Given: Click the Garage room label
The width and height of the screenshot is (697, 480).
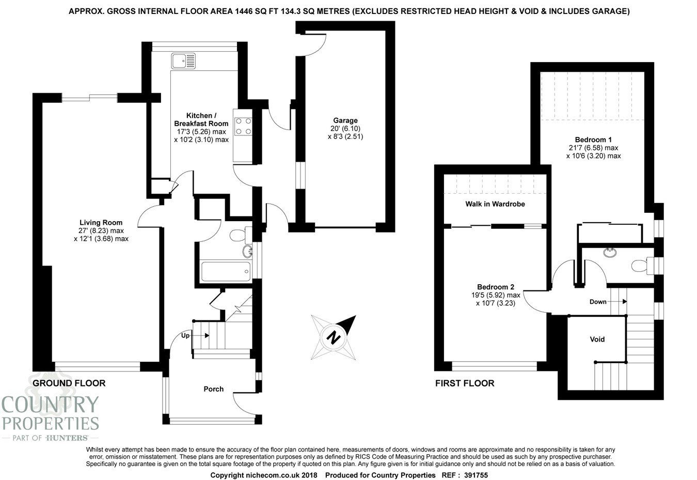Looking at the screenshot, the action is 345,120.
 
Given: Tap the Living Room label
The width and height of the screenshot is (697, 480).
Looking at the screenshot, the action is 101,223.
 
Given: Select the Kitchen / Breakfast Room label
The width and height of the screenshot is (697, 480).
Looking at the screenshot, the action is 201,119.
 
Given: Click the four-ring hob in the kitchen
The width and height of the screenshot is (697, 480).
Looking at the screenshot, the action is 243,126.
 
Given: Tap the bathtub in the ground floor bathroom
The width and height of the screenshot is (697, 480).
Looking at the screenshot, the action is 226,271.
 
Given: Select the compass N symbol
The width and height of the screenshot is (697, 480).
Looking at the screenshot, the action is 334,337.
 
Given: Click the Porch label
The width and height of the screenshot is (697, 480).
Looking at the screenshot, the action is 213,389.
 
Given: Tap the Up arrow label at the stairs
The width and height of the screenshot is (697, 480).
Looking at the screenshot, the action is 185,335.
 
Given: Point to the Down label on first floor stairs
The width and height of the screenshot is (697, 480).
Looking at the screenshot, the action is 598,302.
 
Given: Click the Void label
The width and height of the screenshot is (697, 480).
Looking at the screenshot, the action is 597,339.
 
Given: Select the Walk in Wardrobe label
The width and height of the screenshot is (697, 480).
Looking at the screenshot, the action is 495,204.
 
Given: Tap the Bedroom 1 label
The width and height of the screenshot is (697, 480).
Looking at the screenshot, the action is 593,140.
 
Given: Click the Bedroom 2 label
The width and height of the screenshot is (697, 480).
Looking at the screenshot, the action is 496,287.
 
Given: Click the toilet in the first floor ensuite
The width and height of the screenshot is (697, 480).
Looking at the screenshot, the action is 640,266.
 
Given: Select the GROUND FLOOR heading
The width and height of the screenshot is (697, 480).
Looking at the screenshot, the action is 69,383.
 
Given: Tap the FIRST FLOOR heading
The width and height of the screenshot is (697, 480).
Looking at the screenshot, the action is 465,383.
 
